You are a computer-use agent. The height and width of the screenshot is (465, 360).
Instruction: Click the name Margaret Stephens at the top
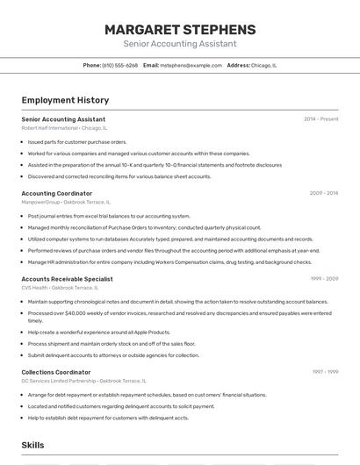180,30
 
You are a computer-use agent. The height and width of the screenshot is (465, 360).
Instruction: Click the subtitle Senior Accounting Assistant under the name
180,43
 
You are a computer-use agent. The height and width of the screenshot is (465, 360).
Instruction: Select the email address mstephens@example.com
191,65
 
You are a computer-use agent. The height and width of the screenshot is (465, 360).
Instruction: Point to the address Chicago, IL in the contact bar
264,65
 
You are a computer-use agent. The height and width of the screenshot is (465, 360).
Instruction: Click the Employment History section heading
65,100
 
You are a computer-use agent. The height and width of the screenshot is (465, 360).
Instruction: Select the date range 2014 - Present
320,119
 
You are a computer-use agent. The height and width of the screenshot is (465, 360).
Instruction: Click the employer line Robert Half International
50,127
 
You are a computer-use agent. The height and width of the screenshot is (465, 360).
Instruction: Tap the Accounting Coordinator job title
56,193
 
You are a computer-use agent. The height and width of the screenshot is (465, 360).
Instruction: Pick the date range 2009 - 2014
323,193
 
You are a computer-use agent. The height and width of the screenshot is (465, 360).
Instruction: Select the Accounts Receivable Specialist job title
67,279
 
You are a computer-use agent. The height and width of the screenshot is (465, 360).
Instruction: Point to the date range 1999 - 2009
323,279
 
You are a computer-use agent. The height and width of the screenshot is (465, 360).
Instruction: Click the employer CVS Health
35,287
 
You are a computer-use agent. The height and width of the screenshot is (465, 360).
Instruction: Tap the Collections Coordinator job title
56,372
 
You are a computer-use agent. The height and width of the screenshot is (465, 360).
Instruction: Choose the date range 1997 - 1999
324,372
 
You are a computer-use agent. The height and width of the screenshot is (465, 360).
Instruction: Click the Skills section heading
32,445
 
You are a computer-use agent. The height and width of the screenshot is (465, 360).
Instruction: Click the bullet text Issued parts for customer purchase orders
77,141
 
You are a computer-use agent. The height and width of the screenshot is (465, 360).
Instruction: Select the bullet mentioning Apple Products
99,332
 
